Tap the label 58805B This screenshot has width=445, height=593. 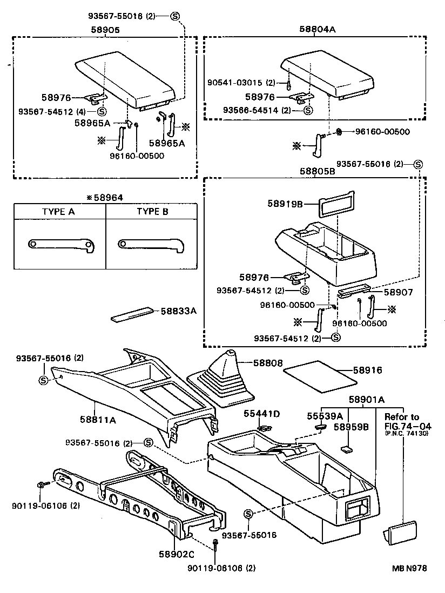(x=318, y=171)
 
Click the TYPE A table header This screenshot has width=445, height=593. (x=58, y=211)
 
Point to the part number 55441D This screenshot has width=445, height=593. (x=261, y=414)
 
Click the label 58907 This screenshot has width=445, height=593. (x=399, y=292)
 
